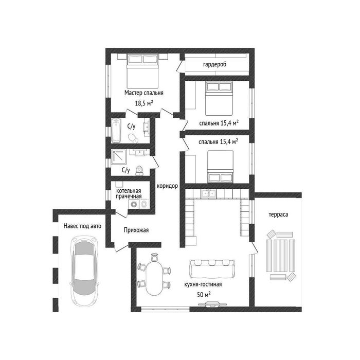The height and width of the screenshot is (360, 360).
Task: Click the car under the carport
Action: [84, 272]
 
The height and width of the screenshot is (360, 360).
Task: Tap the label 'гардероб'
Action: [214, 64]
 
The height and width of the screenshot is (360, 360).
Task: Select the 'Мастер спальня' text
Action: [144, 93]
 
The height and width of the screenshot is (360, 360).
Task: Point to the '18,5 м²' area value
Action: [144, 103]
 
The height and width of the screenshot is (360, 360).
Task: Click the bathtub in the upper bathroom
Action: [116, 131]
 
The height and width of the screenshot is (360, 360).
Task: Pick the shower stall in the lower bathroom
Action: [119, 156]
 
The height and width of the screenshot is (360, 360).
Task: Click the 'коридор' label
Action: [167, 186]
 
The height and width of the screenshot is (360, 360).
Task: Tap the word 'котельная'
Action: [129, 191]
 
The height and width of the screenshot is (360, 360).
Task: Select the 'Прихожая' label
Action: [136, 230]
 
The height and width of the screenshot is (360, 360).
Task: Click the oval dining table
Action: [154, 278]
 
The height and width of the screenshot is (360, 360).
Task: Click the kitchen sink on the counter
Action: [209, 194]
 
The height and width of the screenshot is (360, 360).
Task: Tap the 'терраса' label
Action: [278, 214]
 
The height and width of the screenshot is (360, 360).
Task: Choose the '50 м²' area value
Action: [204, 294]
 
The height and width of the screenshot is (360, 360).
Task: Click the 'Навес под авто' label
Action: [82, 226]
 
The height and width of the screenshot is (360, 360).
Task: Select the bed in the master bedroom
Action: [142, 71]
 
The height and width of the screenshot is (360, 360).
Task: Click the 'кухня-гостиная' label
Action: [203, 284]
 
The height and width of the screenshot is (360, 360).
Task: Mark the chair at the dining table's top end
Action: [154, 257]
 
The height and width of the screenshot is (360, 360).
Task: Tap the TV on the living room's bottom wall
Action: [212, 304]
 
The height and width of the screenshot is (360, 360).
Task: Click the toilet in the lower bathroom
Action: [139, 170]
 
